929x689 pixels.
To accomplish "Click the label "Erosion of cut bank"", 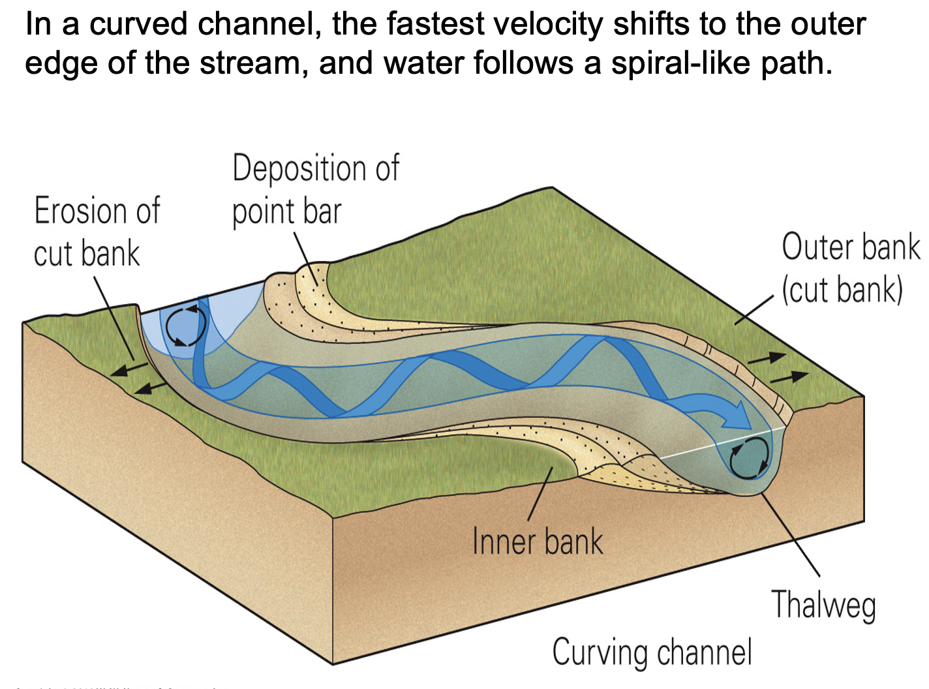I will (x=97, y=232).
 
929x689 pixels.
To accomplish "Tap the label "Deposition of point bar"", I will (x=315, y=189).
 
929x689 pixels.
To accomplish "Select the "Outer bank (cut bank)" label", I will (x=850, y=268).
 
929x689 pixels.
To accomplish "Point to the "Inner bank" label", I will (x=537, y=542).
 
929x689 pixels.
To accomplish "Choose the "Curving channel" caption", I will (x=652, y=652).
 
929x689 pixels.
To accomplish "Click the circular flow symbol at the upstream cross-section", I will (x=185, y=324).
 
